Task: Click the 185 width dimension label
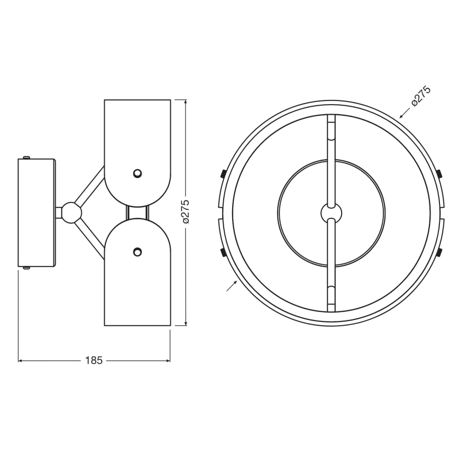click(94, 361)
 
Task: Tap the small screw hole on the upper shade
click(137, 173)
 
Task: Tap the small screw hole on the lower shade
click(137, 252)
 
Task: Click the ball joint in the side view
click(71, 213)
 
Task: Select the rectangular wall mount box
click(36, 213)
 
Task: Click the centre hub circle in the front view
click(332, 213)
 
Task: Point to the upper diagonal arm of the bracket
click(90, 185)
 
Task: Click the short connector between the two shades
click(137, 213)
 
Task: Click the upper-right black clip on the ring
click(439, 173)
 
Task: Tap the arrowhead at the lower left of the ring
click(235, 282)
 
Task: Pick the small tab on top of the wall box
click(26, 157)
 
